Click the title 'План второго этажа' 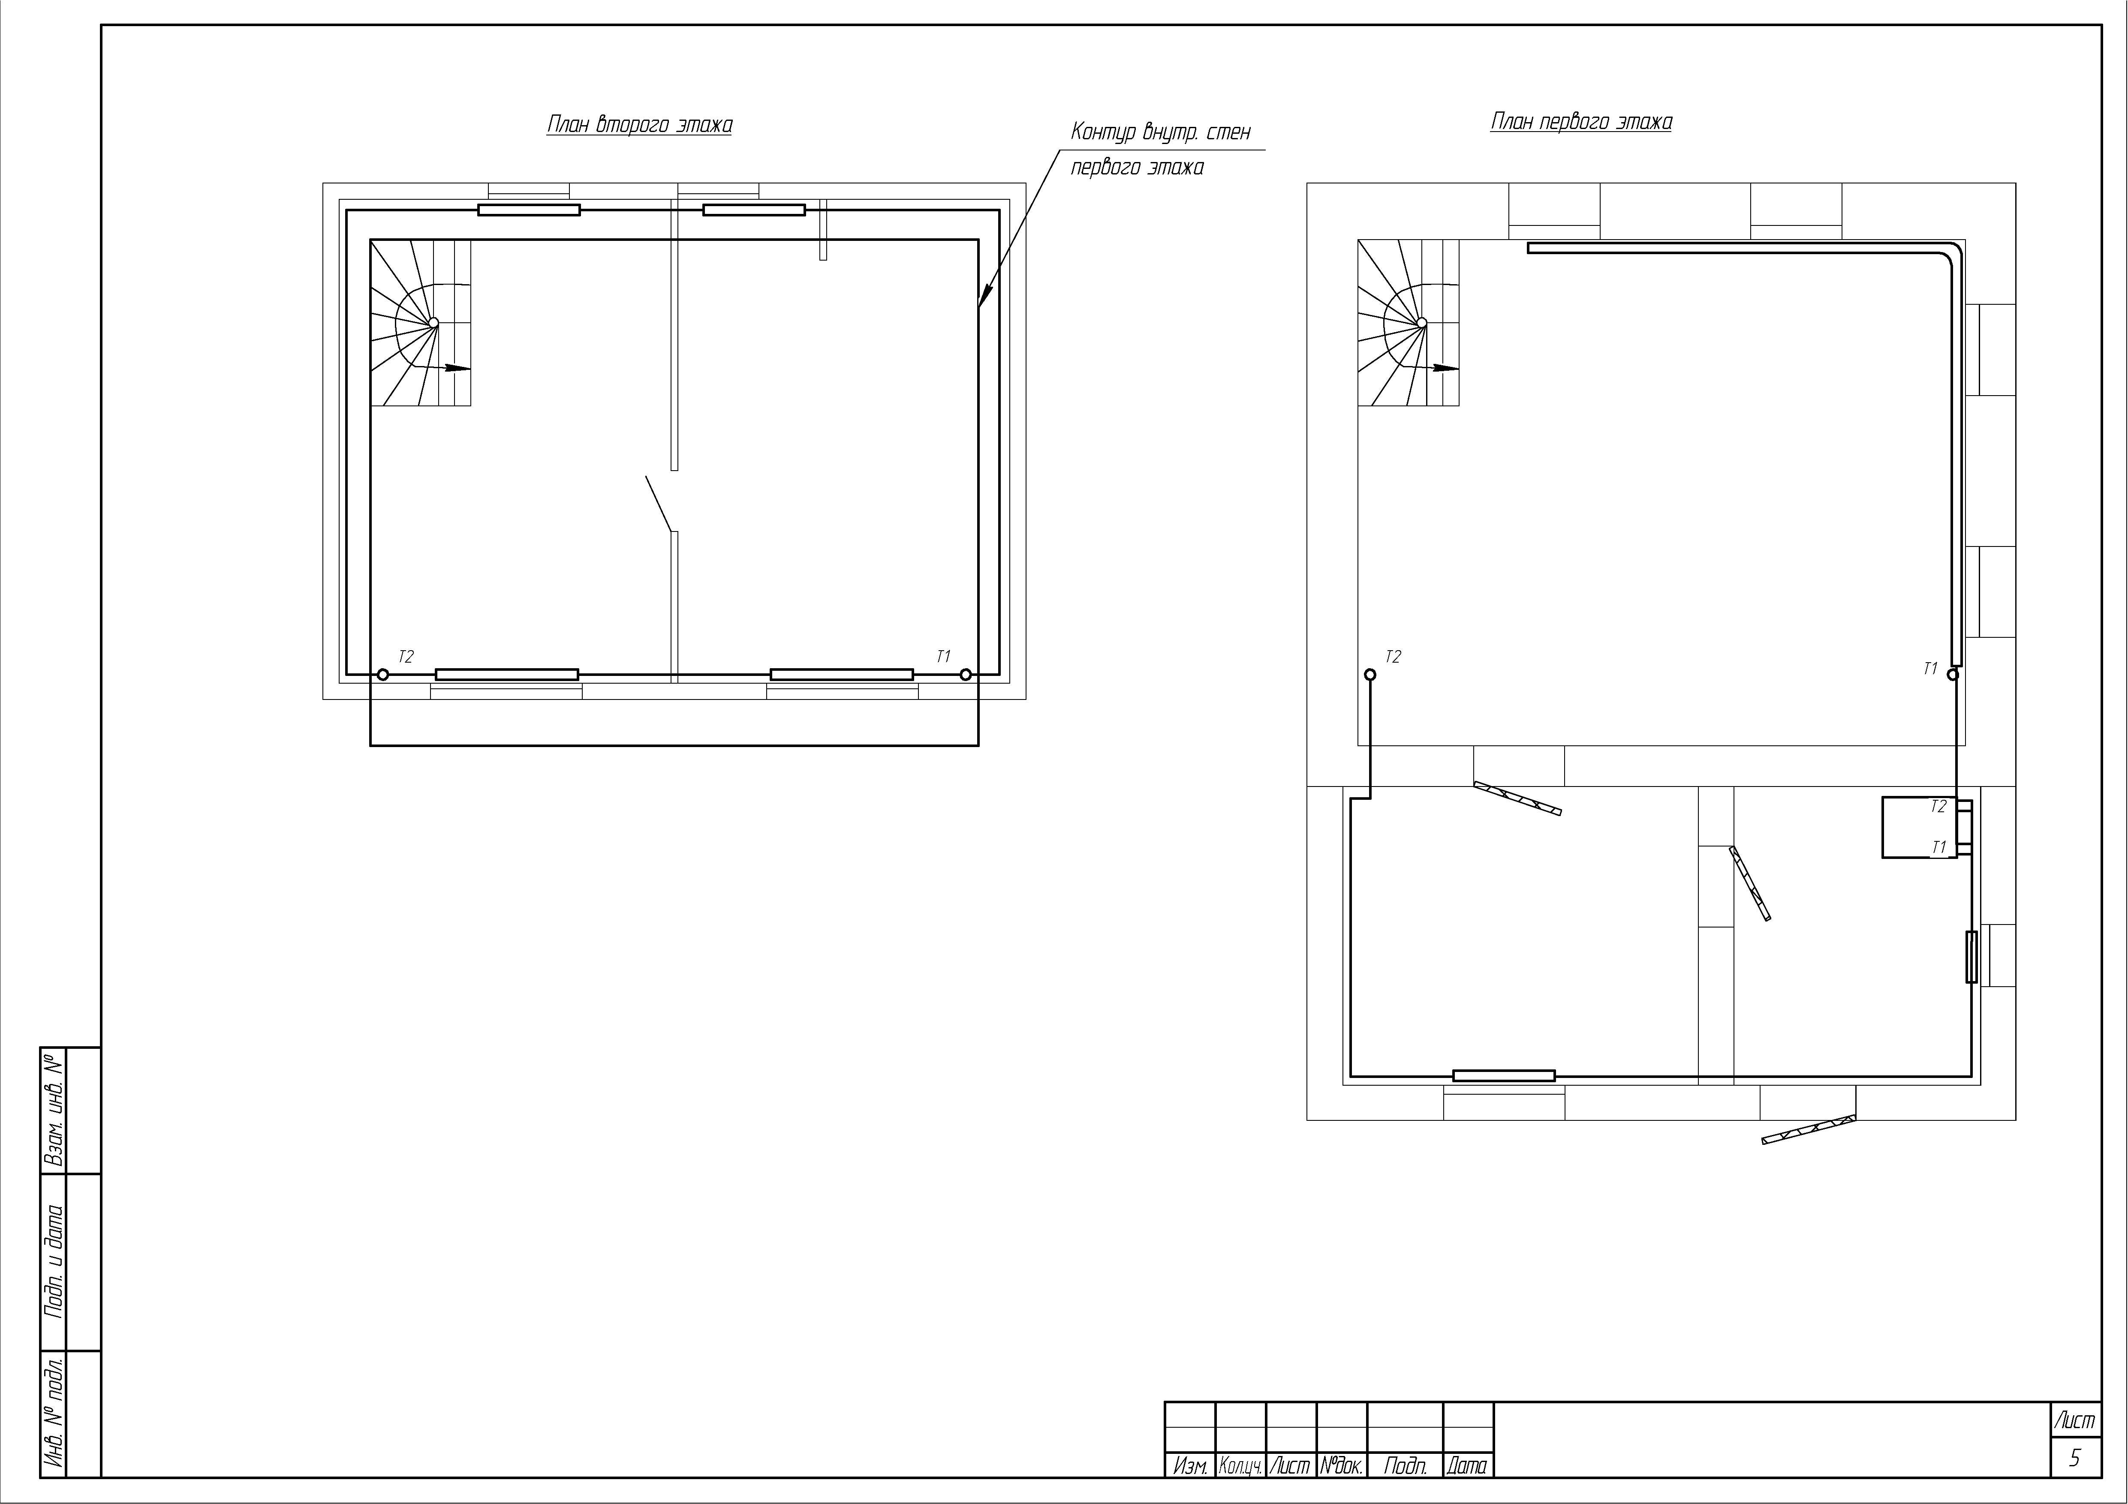tap(639, 124)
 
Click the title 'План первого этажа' tap(1581, 121)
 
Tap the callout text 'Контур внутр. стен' tap(1160, 132)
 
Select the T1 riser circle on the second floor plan tap(966, 675)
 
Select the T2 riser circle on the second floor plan tap(383, 675)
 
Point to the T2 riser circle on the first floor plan tap(1371, 675)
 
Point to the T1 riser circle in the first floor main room tap(1953, 675)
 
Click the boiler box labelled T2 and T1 tap(1920, 827)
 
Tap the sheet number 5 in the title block tap(2074, 1459)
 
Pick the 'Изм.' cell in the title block tap(1190, 1465)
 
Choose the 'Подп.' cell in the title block tap(1405, 1465)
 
